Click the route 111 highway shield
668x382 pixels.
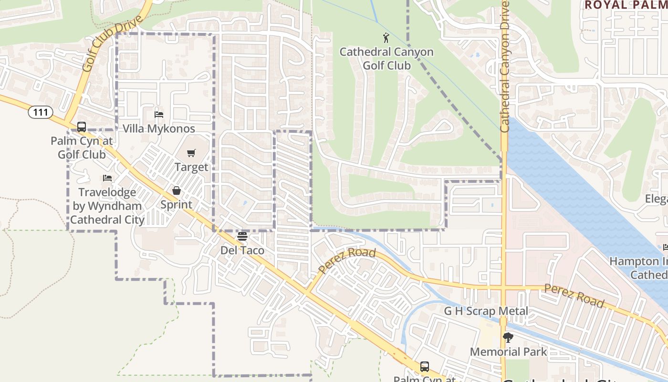coord(41,113)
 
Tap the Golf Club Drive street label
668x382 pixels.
coord(112,44)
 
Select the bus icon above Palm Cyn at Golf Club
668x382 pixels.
coord(82,127)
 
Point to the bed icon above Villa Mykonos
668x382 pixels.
coord(159,115)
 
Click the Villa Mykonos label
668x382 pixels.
coord(159,128)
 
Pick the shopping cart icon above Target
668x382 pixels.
coord(191,153)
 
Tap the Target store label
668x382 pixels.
coord(191,167)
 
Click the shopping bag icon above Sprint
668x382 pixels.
coord(177,191)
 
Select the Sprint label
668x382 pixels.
coord(176,204)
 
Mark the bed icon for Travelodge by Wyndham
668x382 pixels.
coord(107,178)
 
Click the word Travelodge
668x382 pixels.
coord(107,192)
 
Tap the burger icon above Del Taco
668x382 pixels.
coord(242,236)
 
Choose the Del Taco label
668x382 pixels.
coord(242,250)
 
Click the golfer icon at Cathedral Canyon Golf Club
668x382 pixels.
coord(386,38)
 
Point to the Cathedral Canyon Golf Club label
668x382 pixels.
coord(386,58)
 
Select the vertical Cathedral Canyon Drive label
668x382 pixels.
coord(505,67)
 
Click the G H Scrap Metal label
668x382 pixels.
coord(486,311)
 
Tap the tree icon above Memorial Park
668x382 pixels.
coord(508,338)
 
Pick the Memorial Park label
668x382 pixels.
coord(508,352)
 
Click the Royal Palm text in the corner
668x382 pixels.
coord(626,5)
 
